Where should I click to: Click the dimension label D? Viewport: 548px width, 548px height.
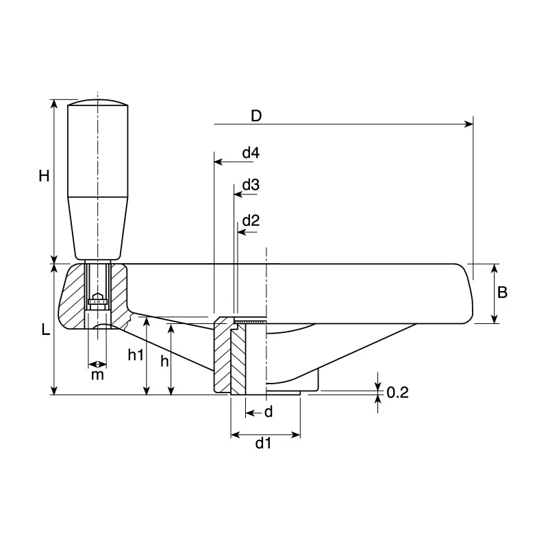pos(256,116)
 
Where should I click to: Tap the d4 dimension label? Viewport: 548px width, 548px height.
pos(251,153)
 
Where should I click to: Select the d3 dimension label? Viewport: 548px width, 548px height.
pos(251,184)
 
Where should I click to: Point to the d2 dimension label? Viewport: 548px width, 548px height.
pos(251,221)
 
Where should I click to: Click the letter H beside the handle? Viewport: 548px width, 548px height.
pos(44,176)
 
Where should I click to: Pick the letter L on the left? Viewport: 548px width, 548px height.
pos(46,329)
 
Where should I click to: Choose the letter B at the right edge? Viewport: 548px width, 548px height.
pos(502,292)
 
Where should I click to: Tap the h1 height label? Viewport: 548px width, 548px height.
pos(136,355)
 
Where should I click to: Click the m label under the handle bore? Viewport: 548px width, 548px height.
pos(97,375)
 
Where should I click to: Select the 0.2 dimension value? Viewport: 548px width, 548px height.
pos(398,393)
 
